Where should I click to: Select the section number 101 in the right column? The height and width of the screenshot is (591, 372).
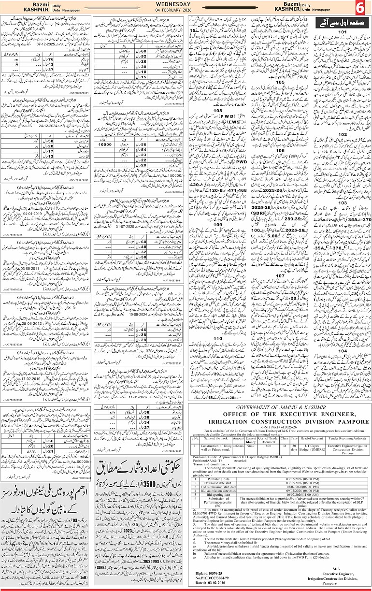[343, 32]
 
